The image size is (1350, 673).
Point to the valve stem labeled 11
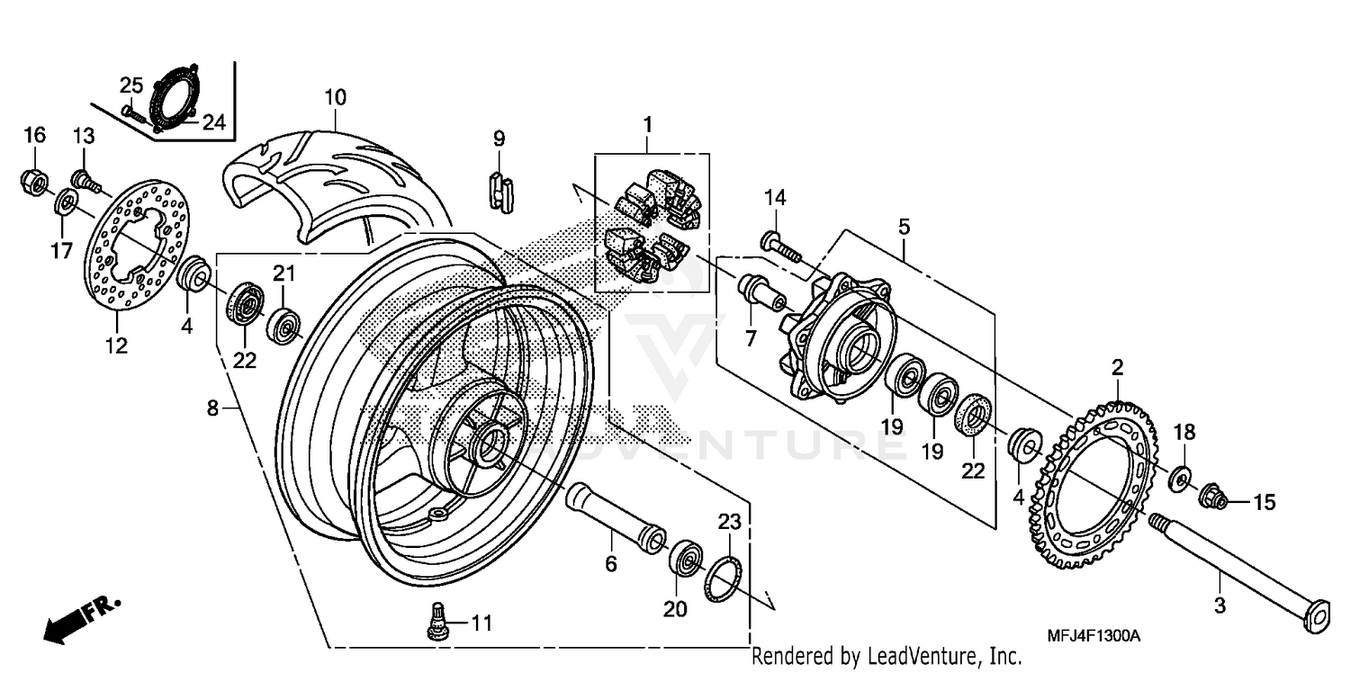437,620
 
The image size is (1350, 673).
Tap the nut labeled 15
1215,495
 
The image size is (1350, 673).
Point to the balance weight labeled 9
500,191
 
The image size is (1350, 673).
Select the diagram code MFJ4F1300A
1093,635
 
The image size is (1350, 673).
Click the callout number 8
212,408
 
